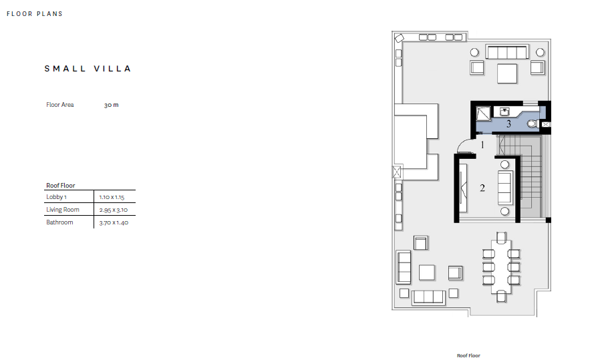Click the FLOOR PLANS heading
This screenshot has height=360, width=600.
tap(35, 14)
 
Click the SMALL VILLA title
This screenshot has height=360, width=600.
tap(88, 69)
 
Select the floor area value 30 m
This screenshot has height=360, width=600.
tap(112, 105)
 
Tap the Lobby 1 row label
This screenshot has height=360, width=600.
tap(56, 197)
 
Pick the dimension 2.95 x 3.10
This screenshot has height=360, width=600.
tap(114, 210)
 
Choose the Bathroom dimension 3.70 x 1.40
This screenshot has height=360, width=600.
tap(114, 222)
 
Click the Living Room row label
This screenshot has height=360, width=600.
tap(63, 210)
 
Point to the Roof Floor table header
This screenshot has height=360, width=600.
tap(60, 186)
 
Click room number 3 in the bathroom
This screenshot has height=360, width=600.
tap(508, 124)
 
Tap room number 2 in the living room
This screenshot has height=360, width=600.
tap(482, 188)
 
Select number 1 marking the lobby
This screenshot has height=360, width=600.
tap(482, 145)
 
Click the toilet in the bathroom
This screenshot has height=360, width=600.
tap(533, 124)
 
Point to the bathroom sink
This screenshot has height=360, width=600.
tap(504, 112)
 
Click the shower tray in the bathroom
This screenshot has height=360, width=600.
tap(483, 114)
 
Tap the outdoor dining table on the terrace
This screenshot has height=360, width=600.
tap(501, 266)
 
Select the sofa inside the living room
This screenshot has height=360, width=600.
tap(505, 188)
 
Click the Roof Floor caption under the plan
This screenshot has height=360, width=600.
tap(468, 355)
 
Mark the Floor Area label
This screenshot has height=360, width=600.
tap(59, 105)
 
